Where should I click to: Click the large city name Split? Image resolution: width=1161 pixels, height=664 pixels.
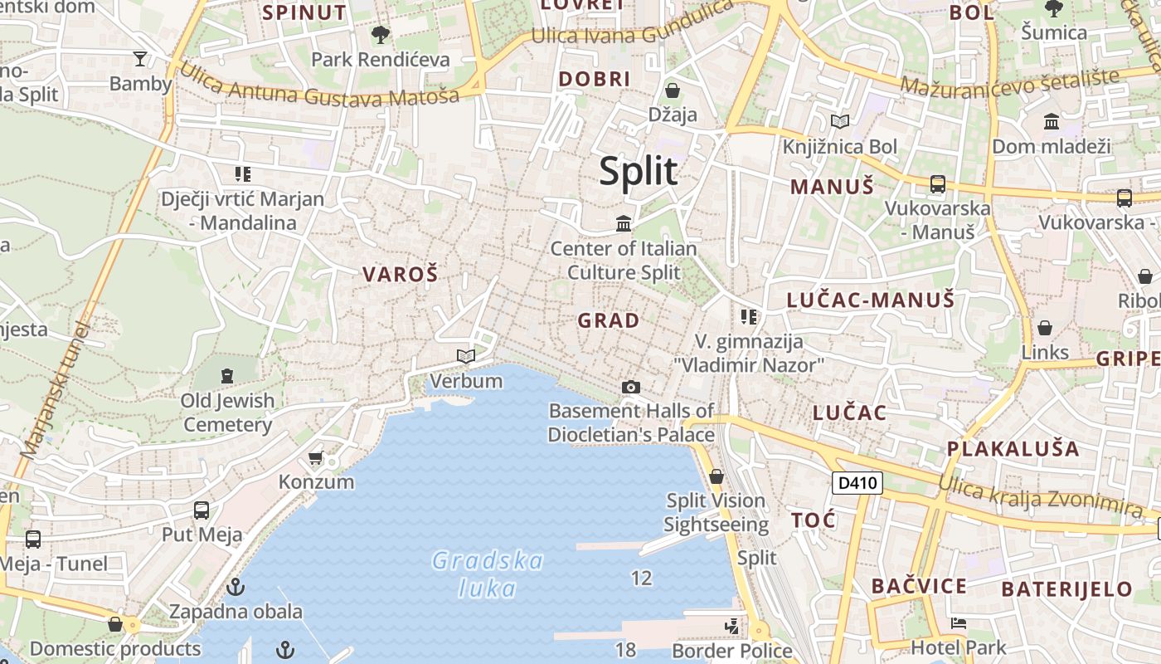(x=638, y=171)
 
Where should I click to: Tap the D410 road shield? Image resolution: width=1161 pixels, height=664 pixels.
(x=857, y=483)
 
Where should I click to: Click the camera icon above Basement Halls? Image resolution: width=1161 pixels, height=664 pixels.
(x=631, y=387)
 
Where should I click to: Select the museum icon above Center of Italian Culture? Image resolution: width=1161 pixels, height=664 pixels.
(x=624, y=223)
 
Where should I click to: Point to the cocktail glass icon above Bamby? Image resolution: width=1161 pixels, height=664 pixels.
(x=139, y=58)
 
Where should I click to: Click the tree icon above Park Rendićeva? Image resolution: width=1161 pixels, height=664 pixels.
(x=380, y=35)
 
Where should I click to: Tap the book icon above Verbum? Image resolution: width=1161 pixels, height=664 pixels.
(x=466, y=356)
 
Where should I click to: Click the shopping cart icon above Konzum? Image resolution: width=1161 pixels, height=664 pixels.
(x=315, y=457)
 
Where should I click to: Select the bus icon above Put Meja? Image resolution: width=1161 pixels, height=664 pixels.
(x=202, y=510)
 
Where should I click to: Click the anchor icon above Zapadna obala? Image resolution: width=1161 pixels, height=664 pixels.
(x=236, y=587)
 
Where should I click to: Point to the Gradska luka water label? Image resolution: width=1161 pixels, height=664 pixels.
(x=488, y=574)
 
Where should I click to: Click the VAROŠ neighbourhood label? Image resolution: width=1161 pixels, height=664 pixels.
(x=400, y=275)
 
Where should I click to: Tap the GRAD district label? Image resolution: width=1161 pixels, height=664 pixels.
(x=609, y=320)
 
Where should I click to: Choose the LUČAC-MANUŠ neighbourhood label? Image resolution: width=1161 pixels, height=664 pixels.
(x=870, y=300)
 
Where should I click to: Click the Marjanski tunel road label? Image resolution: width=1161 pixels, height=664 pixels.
(x=55, y=390)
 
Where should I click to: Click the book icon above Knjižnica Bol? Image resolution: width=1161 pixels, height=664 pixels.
(x=840, y=122)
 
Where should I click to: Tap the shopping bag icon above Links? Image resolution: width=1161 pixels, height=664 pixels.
(x=1045, y=328)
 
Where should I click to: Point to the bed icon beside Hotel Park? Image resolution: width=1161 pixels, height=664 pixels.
(x=959, y=622)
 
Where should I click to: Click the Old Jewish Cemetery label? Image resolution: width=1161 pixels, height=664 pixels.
(x=228, y=413)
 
